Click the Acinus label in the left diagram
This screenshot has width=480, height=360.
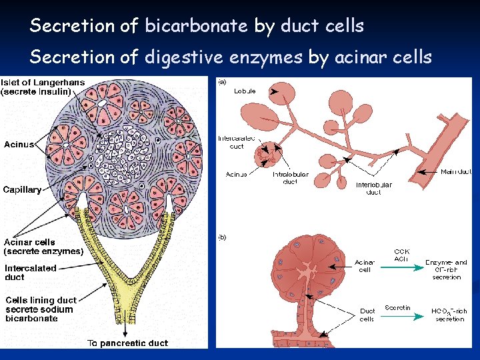tap(19, 144)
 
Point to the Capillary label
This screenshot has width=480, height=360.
tap(22, 189)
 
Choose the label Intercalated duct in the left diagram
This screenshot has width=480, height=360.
tap(31, 273)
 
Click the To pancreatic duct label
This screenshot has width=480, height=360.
tap(128, 343)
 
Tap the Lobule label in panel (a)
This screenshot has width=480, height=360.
tap(245, 91)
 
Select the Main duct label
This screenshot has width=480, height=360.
tap(456, 172)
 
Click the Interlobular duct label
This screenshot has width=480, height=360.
tap(374, 189)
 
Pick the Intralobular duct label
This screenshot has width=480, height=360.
tap(290, 178)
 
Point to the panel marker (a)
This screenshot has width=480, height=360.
tap(222, 82)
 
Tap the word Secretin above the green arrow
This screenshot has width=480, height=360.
tap(398, 307)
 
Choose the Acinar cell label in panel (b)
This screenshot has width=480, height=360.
tap(365, 266)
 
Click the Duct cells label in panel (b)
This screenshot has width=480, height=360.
tap(367, 315)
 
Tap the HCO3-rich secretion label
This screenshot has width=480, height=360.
tap(449, 315)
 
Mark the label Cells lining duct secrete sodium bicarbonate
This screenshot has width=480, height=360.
tap(41, 309)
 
